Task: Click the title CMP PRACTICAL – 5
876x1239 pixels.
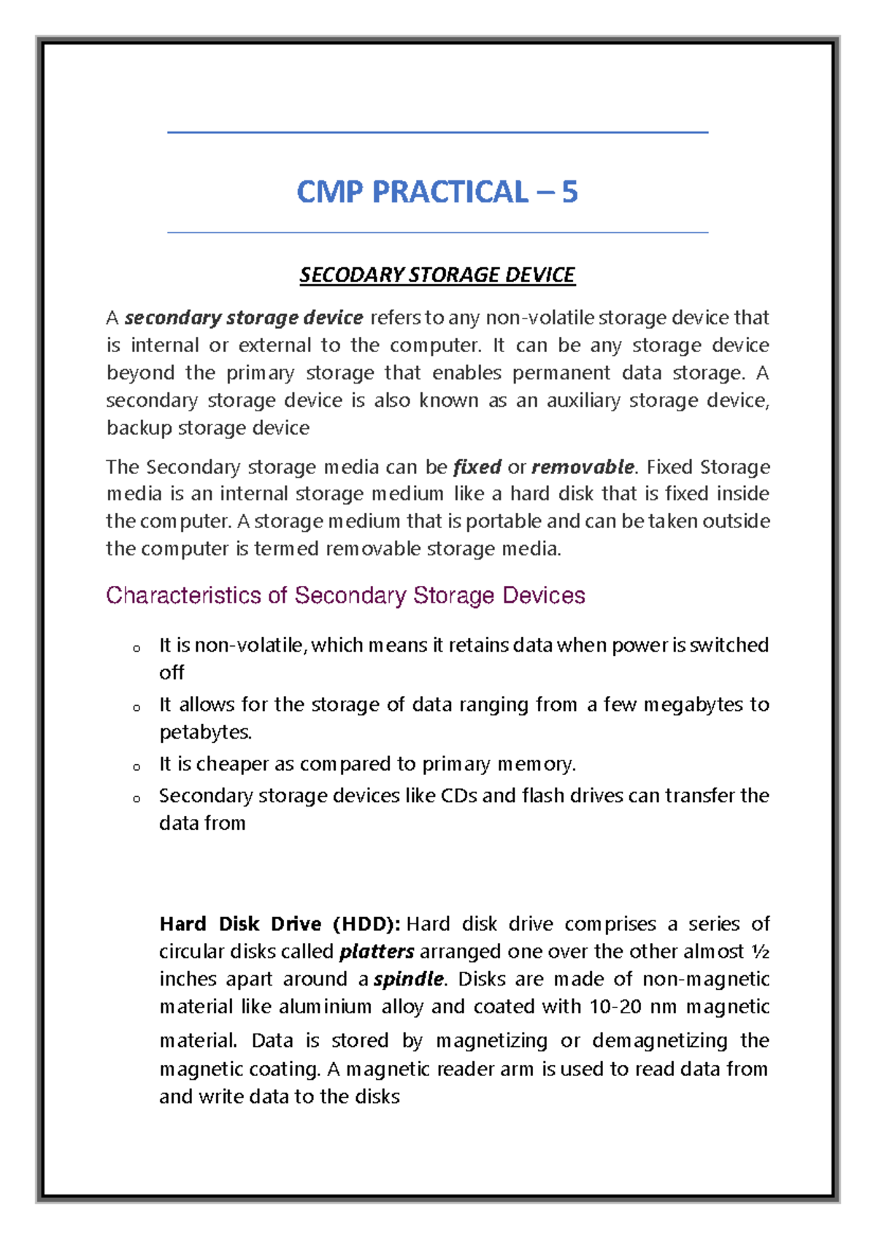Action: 437,192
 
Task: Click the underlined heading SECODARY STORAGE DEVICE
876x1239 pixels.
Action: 437,275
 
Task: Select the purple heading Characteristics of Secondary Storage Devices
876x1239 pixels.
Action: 345,595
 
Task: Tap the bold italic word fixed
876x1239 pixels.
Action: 477,467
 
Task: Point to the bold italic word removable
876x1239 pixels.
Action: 583,467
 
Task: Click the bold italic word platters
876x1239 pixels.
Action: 377,952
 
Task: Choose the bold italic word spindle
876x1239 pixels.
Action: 409,979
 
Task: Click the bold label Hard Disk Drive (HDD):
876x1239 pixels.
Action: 280,924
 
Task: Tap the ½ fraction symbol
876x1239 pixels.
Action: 760,951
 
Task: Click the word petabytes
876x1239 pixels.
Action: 204,732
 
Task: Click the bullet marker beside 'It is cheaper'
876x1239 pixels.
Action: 137,767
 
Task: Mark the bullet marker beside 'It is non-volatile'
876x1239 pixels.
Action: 137,648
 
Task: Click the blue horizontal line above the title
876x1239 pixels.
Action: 437,132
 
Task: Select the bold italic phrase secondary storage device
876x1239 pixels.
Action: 243,318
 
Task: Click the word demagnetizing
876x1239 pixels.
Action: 659,1040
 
